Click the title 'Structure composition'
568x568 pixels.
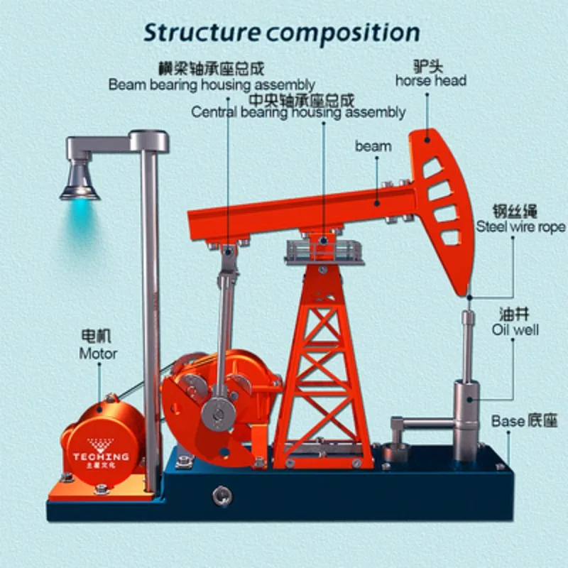(281, 33)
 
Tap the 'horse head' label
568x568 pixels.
(430, 80)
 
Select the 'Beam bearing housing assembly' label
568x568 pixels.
(212, 84)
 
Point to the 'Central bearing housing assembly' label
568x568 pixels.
(298, 111)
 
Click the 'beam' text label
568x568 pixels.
(373, 146)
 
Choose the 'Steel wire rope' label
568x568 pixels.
(520, 227)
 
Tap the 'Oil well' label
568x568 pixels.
(515, 329)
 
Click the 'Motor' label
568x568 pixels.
(98, 352)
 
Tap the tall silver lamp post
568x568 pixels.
(151, 284)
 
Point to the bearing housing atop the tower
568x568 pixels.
(323, 248)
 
